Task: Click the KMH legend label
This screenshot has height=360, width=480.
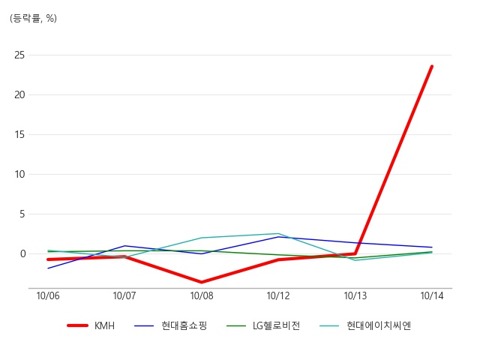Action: [x=104, y=325]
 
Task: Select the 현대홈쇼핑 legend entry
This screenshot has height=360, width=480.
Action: [x=184, y=325]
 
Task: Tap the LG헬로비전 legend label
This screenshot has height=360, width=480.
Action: [x=276, y=325]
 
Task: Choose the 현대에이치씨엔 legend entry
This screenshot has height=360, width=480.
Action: [x=378, y=325]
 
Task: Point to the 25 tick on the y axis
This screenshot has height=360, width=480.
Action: [x=19, y=55]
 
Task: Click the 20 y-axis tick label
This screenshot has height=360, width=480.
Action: [x=19, y=95]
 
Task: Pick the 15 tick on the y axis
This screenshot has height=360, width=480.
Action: [x=19, y=134]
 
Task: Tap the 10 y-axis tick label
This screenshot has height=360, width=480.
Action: [x=19, y=174]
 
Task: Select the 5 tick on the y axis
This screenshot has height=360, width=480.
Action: [x=22, y=214]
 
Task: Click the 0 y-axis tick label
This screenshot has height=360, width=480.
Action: [x=22, y=253]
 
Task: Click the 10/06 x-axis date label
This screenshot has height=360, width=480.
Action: [x=48, y=295]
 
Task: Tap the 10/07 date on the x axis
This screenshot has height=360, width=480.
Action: [x=124, y=295]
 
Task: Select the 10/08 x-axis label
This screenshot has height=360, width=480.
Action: [x=202, y=295]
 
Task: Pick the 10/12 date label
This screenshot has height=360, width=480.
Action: [x=278, y=295]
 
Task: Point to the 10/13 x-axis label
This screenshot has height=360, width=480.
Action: [x=355, y=295]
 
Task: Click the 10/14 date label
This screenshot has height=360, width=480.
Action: [x=432, y=295]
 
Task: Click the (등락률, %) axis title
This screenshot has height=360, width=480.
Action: [x=33, y=18]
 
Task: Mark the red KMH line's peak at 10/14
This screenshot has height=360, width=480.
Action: [x=432, y=66]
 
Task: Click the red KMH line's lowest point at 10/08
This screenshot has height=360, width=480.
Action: [x=202, y=282]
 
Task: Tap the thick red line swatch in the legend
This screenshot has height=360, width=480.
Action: [x=78, y=325]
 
